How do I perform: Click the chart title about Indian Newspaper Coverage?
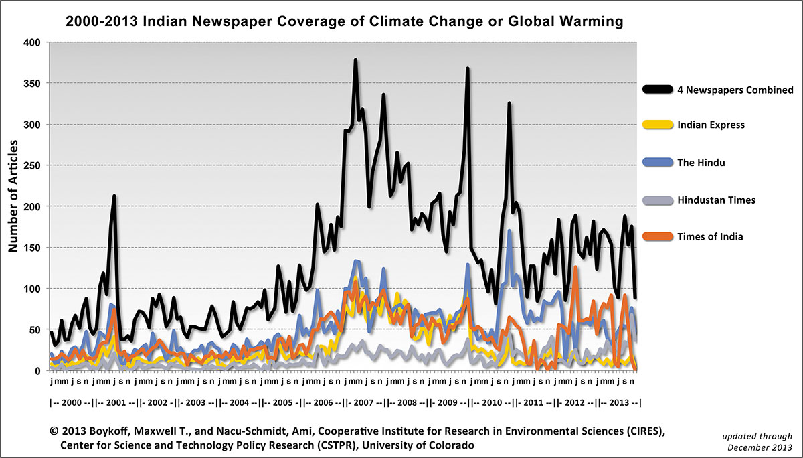(345, 22)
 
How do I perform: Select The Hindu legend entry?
(701, 161)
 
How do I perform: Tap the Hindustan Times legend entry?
(715, 200)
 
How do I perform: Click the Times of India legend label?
(710, 236)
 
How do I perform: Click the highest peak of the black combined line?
(355, 60)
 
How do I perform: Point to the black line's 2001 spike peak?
(114, 196)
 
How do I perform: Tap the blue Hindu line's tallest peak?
(510, 231)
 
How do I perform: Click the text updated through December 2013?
(760, 441)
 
